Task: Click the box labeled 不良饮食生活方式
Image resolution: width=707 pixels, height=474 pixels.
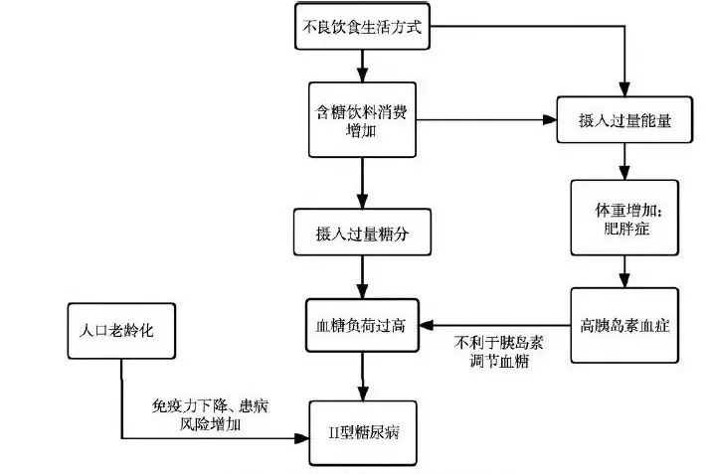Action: (362, 28)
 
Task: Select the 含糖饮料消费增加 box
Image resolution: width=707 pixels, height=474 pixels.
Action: (362, 119)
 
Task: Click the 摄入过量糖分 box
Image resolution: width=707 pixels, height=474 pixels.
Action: (362, 234)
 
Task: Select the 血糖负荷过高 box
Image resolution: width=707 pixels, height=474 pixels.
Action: (362, 323)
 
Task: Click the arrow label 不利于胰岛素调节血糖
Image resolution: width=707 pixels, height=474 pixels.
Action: (493, 353)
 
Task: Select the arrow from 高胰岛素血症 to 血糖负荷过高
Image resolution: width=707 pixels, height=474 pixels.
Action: (494, 324)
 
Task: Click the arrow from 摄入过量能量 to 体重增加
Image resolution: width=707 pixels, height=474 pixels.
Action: (623, 160)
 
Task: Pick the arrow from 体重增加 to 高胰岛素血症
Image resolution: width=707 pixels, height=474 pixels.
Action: (623, 269)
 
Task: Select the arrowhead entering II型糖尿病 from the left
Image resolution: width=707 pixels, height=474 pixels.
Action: (299, 437)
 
